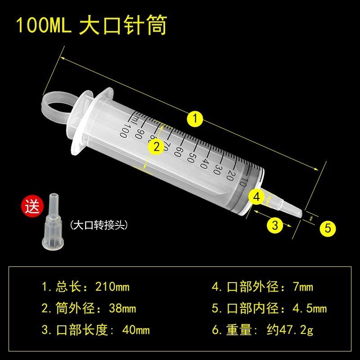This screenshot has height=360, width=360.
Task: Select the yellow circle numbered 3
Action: click(275, 223)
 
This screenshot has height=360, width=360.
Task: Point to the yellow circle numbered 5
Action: click(328, 228)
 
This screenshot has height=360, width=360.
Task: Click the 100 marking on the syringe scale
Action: click(124, 132)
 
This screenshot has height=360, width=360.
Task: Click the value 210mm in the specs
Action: click(113, 287)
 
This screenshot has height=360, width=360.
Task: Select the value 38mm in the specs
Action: click(122, 309)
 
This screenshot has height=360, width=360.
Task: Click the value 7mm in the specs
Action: click(303, 287)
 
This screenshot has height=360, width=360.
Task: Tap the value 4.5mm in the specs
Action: click(309, 309)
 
